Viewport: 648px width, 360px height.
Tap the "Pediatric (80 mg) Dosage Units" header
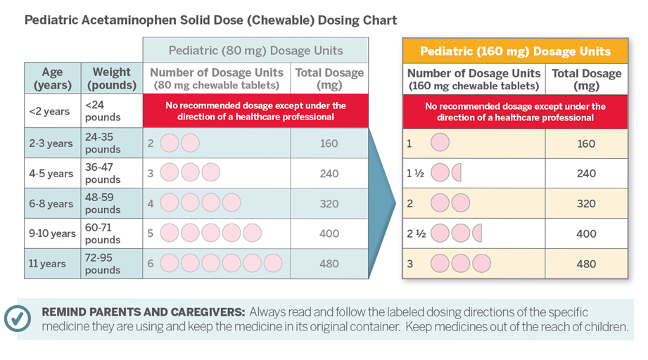pyautogui.click(x=255, y=51)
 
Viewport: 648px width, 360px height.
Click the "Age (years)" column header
pyautogui.click(x=53, y=78)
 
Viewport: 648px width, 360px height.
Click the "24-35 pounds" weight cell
pyautogui.click(x=103, y=143)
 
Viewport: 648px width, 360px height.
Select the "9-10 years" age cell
pyautogui.click(x=53, y=233)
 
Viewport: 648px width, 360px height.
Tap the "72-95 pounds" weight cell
pyautogui.click(x=103, y=264)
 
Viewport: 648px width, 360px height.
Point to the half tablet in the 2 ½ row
pyautogui.click(x=477, y=233)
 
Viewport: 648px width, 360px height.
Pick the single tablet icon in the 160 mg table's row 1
pyautogui.click(x=440, y=143)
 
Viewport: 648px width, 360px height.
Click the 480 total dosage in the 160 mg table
pyautogui.click(x=585, y=264)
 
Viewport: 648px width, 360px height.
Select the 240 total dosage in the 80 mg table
pyautogui.click(x=329, y=174)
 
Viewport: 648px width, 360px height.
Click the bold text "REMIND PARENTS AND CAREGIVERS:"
pyautogui.click(x=144, y=311)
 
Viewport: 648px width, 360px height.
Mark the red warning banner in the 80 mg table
pyautogui.click(x=255, y=111)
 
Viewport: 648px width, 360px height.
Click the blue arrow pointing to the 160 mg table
pyautogui.click(x=386, y=204)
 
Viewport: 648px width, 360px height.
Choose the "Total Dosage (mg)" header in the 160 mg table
pyautogui.click(x=586, y=79)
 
